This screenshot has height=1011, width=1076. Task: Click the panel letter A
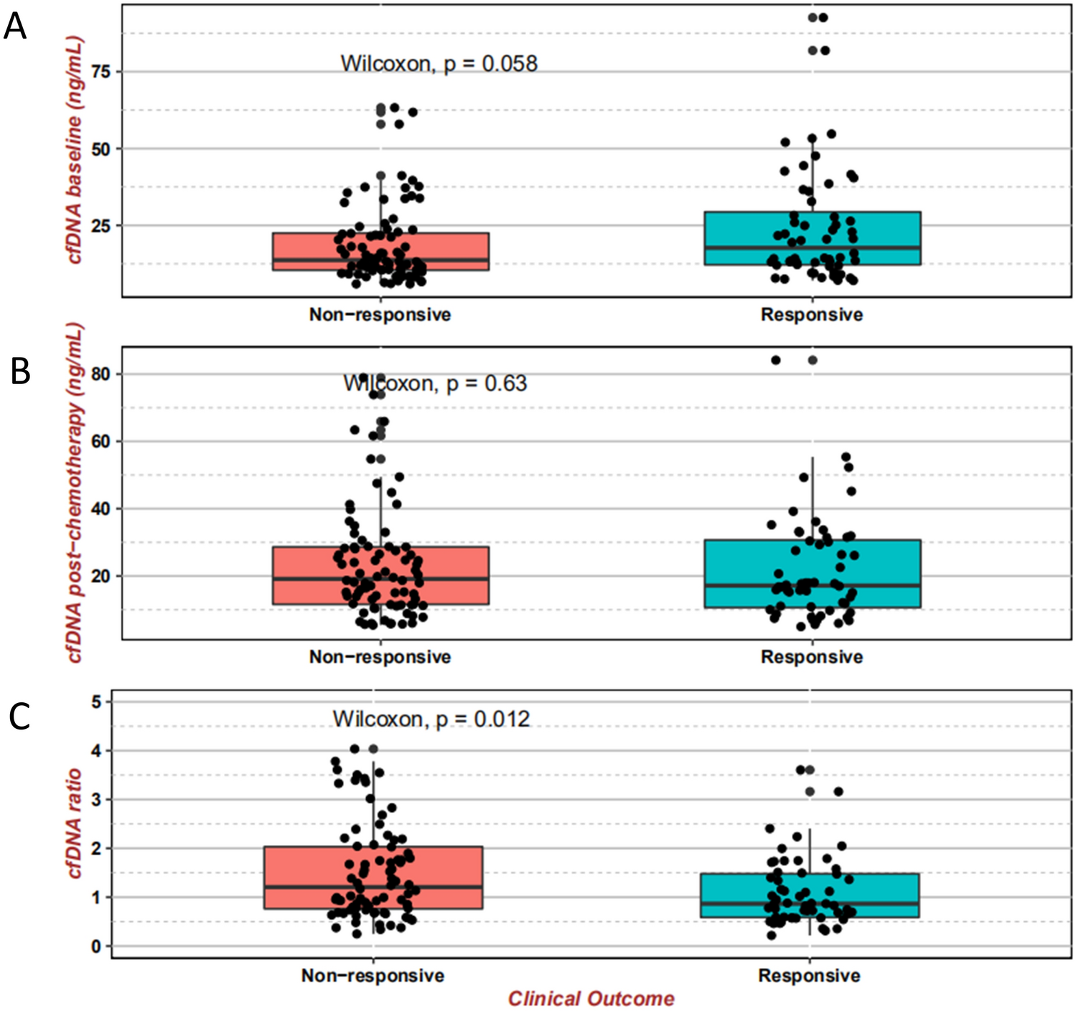pos(15,27)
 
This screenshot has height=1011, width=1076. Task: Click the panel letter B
pos(19,371)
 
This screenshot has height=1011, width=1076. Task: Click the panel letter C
pos(19,716)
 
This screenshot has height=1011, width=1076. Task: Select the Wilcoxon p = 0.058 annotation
pos(439,64)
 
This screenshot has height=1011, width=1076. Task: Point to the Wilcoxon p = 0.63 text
pos(435,383)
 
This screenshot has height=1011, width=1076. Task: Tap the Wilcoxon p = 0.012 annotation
pos(431,719)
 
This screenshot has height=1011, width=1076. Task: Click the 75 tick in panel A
pos(103,72)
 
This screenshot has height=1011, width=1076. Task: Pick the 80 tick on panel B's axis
pos(101,374)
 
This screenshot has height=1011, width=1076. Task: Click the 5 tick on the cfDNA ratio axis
pos(96,702)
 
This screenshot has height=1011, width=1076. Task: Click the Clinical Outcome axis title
pos(591,999)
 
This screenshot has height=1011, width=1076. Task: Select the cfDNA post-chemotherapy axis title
pos(74,493)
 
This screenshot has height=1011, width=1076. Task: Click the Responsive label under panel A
pos(812,315)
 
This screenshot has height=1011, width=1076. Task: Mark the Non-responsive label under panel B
pos(380,657)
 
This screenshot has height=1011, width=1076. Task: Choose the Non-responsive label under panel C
pos(373,976)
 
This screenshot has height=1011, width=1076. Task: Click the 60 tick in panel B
pos(101,442)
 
